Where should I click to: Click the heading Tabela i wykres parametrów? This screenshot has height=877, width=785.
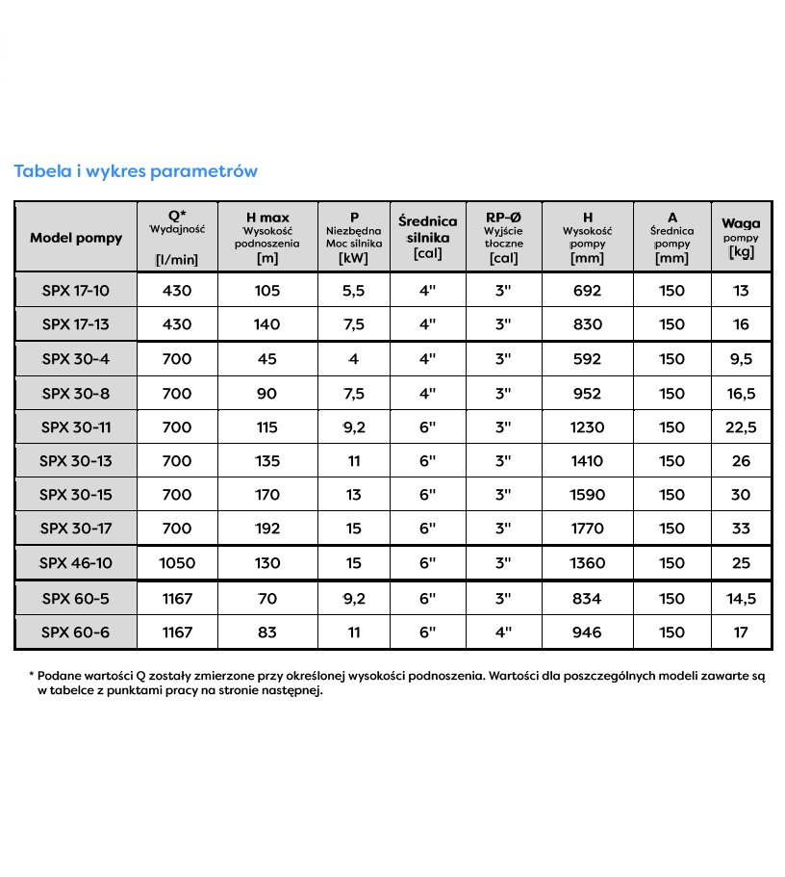pos(136,171)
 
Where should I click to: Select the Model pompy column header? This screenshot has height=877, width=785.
pos(76,238)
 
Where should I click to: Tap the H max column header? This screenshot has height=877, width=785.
pos(266,237)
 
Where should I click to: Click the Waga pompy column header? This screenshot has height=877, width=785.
pos(740,236)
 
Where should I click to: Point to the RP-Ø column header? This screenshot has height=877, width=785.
pos(503,237)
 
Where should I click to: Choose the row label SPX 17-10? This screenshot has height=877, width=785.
pos(76,291)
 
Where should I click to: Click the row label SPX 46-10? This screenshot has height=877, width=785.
pos(76,563)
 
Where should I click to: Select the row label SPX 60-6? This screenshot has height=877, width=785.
pos(76,632)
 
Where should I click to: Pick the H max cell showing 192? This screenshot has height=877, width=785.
pos(266,528)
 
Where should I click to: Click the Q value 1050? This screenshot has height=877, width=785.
pos(177,563)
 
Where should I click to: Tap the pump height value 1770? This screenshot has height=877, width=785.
pos(587,528)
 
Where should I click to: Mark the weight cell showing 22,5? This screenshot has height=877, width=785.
pos(740,427)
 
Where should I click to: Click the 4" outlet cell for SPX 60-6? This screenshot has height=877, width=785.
pos(503,632)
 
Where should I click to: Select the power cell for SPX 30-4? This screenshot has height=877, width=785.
pos(354,359)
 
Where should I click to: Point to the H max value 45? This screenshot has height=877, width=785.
pos(266,359)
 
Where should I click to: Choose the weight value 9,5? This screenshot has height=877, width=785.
pos(740,359)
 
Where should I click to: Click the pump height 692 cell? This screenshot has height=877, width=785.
pos(587,291)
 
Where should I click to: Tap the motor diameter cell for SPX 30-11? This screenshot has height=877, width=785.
pos(427,427)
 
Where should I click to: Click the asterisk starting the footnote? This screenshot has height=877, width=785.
pos(32,676)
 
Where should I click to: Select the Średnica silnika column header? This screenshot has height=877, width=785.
pos(427,237)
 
